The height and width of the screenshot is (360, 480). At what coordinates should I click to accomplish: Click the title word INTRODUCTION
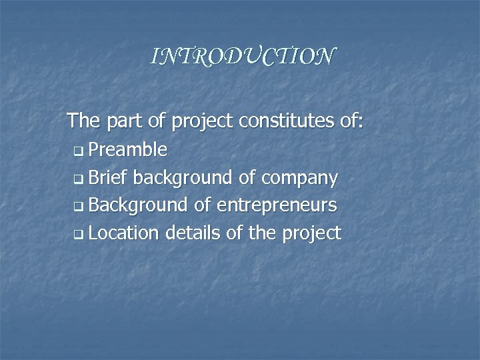[243, 57]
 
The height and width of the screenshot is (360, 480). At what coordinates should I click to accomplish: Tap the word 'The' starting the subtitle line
[83, 121]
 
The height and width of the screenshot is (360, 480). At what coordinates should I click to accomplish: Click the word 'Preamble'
[127, 149]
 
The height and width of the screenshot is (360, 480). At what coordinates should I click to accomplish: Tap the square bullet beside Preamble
[79, 151]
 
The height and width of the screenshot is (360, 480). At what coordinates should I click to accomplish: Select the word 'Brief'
[107, 177]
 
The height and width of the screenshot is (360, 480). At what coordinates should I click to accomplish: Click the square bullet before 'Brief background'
[79, 179]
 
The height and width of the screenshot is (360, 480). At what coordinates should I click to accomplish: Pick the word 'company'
[300, 179]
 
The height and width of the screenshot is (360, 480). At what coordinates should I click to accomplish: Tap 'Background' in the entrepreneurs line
[138, 205]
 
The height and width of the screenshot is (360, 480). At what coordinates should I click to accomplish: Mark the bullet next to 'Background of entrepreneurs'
[79, 207]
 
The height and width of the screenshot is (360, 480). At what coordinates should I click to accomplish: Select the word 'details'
[189, 233]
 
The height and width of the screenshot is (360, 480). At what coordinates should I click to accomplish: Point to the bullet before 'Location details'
[79, 235]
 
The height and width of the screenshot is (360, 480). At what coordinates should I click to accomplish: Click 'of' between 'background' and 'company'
[246, 177]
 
